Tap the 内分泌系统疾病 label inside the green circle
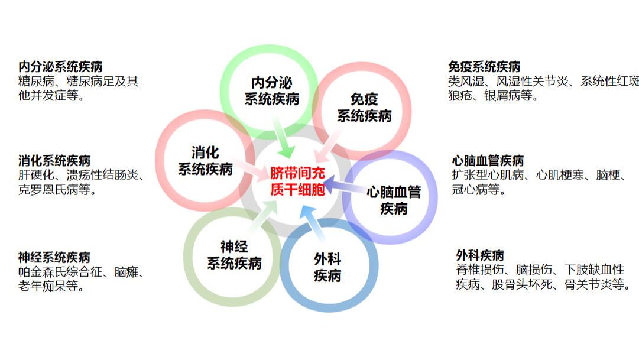(272, 90)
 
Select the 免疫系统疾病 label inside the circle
(364, 107)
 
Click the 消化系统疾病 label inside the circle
(206, 160)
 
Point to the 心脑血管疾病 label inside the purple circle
(394, 200)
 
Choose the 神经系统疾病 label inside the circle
(234, 255)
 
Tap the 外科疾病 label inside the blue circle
(327, 267)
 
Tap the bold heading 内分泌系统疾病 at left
(60, 66)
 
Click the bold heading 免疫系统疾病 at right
(484, 66)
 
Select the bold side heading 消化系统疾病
(54, 160)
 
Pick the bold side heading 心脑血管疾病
(488, 160)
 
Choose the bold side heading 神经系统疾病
(54, 257)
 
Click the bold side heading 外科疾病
(480, 255)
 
